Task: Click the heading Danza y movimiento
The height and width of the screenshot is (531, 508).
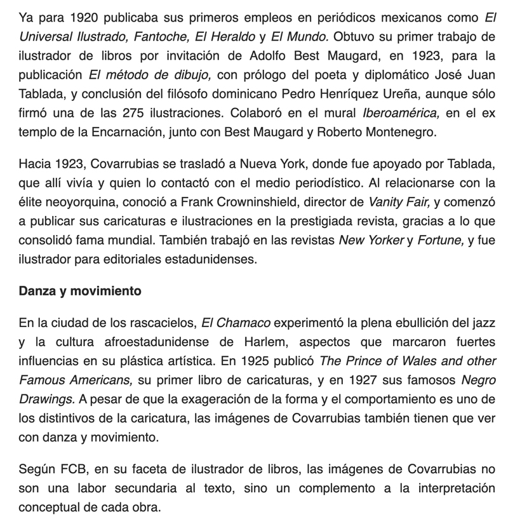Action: [80, 292]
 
